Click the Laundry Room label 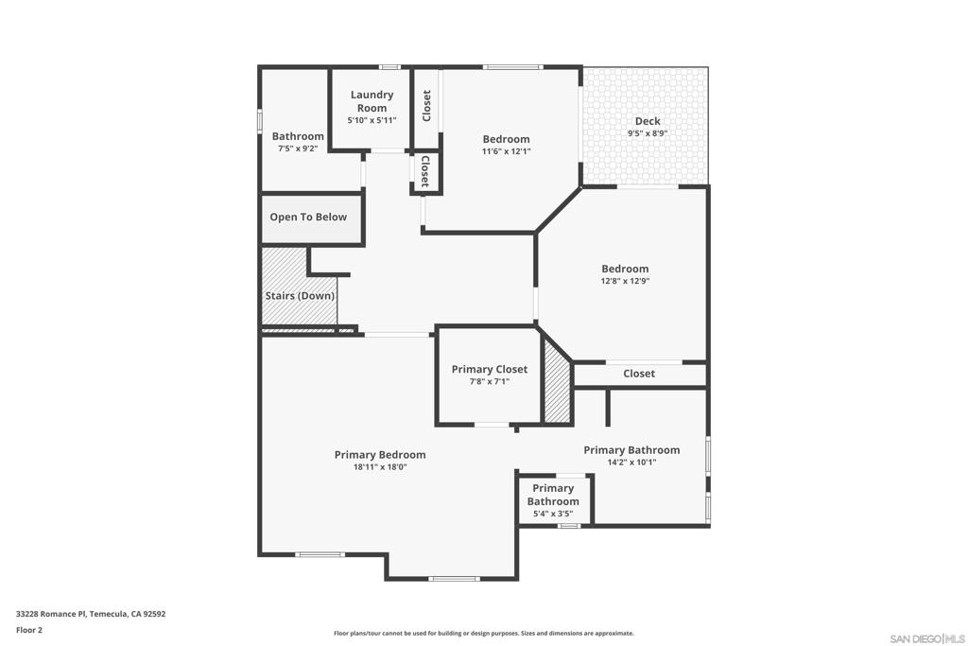[x=372, y=101]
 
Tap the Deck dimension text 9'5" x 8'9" [x=648, y=133]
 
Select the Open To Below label [x=308, y=217]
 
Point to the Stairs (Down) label [x=299, y=296]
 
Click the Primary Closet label [x=489, y=369]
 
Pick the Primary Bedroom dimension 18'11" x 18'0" [x=379, y=467]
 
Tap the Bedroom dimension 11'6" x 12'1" [x=506, y=151]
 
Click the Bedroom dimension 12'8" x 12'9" [x=625, y=281]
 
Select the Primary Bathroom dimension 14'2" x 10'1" [x=631, y=463]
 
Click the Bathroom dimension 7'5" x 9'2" [x=298, y=149]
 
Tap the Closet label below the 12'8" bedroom [x=639, y=374]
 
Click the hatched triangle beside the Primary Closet [x=558, y=390]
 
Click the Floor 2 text [x=29, y=630]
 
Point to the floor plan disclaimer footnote [x=483, y=634]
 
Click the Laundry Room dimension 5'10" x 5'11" [x=372, y=121]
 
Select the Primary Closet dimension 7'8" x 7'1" [x=489, y=382]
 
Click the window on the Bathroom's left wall [x=260, y=122]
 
